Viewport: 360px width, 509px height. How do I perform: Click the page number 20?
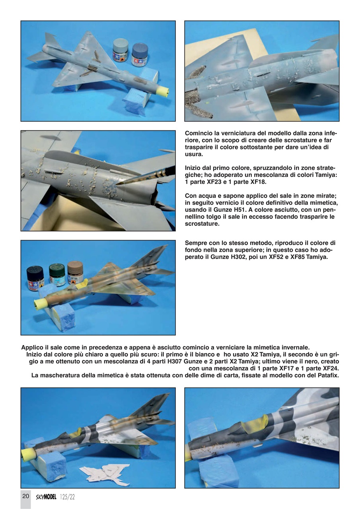(25, 496)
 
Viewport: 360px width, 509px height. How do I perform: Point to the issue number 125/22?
(68, 497)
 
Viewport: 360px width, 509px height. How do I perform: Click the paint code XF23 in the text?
(214, 182)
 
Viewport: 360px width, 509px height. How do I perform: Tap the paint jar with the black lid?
(35, 278)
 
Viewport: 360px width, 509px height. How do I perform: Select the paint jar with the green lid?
(57, 275)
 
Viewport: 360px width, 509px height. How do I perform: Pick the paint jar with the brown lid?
(75, 272)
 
